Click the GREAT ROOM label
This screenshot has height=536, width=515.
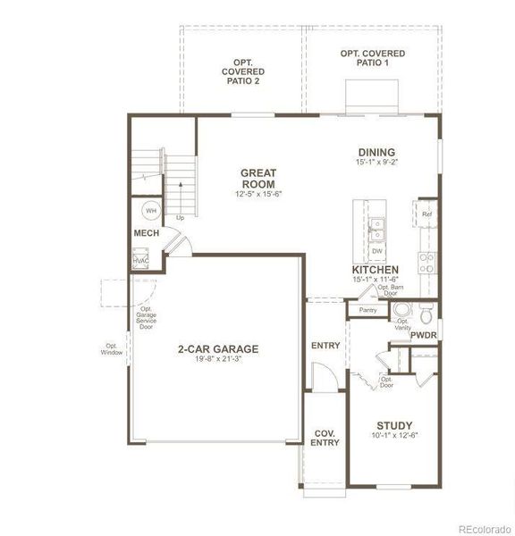[x=258, y=178]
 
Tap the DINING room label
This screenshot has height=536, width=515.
[x=376, y=153]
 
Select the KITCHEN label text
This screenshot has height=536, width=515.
[x=375, y=269]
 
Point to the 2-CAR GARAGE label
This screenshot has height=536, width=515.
[x=218, y=349]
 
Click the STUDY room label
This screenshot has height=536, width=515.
[x=394, y=425]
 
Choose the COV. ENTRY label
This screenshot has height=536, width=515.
[x=324, y=439]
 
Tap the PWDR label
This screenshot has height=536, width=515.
[x=424, y=335]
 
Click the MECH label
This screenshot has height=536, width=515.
[x=147, y=233]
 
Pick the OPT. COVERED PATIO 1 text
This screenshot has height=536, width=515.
[x=372, y=60]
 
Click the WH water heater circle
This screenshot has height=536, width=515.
[x=150, y=211]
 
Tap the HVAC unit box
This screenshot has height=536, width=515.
[x=141, y=261]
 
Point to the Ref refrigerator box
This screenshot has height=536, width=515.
[x=426, y=214]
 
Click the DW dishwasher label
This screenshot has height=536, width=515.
[x=377, y=252]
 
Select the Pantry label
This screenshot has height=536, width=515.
[x=368, y=310]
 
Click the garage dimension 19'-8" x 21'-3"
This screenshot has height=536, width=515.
[x=218, y=360]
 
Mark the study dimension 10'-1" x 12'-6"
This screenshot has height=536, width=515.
[x=394, y=436]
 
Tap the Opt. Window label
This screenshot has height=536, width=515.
[x=112, y=349]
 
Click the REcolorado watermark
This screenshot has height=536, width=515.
[x=485, y=529]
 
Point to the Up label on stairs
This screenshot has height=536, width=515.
[x=180, y=217]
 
